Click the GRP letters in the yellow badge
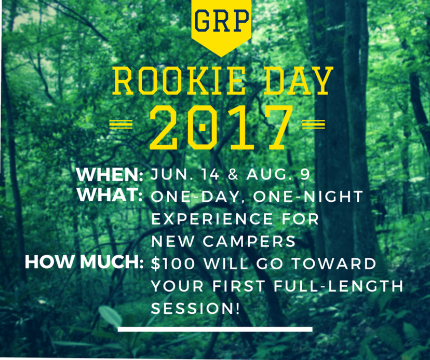pyautogui.click(x=221, y=20)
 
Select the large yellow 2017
pyautogui.click(x=221, y=127)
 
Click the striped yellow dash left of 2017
pyautogui.click(x=121, y=124)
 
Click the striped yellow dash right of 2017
pyautogui.click(x=314, y=124)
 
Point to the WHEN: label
pyautogui.click(x=110, y=174)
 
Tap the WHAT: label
pyautogui.click(x=110, y=195)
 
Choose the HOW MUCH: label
pyautogui.click(x=84, y=262)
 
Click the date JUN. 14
pyautogui.click(x=185, y=174)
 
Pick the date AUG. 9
pyautogui.click(x=278, y=174)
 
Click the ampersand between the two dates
pyautogui.click(x=233, y=174)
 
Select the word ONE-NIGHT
pyautogui.click(x=308, y=197)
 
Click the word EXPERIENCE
pyautogui.click(x=212, y=219)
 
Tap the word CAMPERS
pyautogui.click(x=249, y=241)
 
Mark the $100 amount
pyautogui.click(x=173, y=264)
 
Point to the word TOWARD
pyautogui.click(x=333, y=264)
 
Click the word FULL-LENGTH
pyautogui.click(x=338, y=286)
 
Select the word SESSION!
pyautogui.click(x=196, y=309)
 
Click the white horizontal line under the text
pyautogui.click(x=215, y=329)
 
